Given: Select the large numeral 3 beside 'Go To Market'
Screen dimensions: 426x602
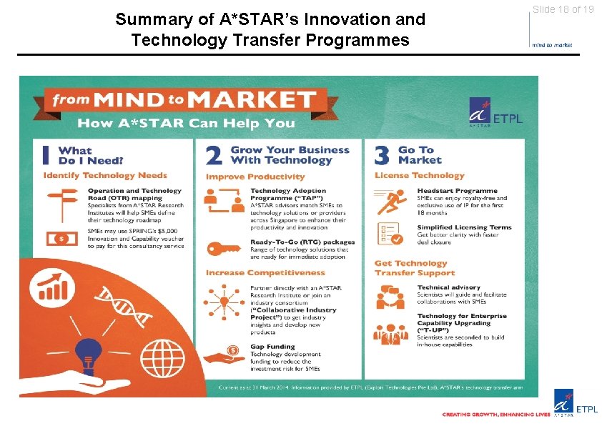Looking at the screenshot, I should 382,155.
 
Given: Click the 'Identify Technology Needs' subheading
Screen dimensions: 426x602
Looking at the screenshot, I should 105,176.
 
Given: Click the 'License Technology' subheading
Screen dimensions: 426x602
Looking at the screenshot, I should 419,176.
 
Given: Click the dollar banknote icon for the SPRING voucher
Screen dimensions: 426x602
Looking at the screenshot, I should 61,238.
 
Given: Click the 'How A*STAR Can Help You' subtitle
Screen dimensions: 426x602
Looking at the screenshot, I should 185,123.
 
